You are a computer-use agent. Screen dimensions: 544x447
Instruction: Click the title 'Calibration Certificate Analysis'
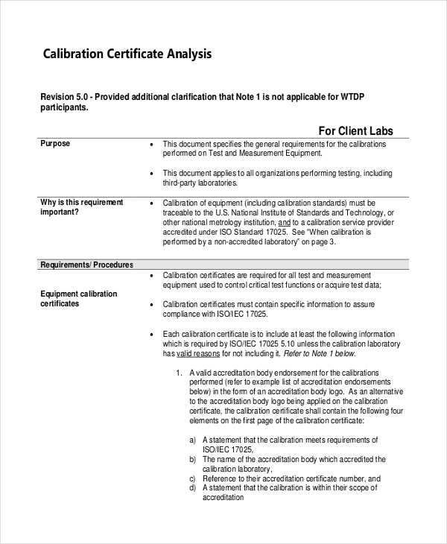[127, 54]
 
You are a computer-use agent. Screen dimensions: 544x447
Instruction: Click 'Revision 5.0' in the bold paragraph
[65, 98]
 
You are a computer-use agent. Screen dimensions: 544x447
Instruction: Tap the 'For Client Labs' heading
[355, 131]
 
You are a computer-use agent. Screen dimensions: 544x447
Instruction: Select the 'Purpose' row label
[55, 144]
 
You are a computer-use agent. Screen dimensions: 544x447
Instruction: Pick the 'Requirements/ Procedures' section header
[86, 265]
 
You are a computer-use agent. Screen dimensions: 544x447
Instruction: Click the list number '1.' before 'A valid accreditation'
[180, 373]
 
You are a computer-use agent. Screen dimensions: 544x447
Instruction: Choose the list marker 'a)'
[193, 440]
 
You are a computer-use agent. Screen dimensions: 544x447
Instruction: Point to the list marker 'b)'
[193, 460]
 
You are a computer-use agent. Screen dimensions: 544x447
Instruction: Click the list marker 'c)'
[193, 479]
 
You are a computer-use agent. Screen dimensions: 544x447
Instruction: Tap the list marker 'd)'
[193, 488]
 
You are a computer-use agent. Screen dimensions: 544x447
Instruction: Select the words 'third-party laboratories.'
[200, 183]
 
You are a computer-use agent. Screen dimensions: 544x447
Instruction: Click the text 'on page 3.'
[318, 242]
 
